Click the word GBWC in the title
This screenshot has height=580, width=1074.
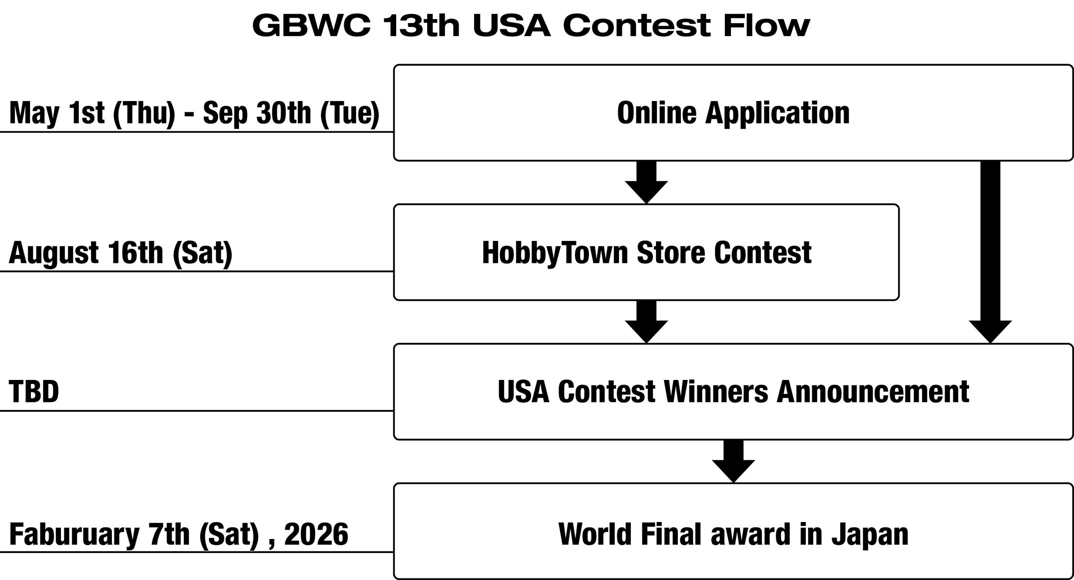coord(311,25)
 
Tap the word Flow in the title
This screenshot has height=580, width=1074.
coord(766,25)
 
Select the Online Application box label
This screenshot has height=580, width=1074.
coord(733,113)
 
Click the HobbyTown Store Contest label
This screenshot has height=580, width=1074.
coord(646,253)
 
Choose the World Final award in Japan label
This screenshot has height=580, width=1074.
coord(733,534)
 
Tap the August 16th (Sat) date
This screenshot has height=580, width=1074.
coord(121,253)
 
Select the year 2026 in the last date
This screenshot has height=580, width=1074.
coord(316,534)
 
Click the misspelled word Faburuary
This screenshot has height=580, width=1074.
coord(74,535)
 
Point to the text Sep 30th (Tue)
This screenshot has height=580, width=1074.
coord(291,113)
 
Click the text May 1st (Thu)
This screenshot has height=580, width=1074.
coord(92,113)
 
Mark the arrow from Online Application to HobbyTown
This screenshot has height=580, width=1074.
coord(646,182)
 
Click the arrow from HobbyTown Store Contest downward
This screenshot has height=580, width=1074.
coord(646,322)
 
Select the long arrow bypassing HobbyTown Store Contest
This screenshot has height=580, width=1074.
coord(990,252)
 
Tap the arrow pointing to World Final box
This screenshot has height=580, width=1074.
coord(733,461)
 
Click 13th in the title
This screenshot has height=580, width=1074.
coord(421,25)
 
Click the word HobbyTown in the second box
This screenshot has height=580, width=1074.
coord(555,253)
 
